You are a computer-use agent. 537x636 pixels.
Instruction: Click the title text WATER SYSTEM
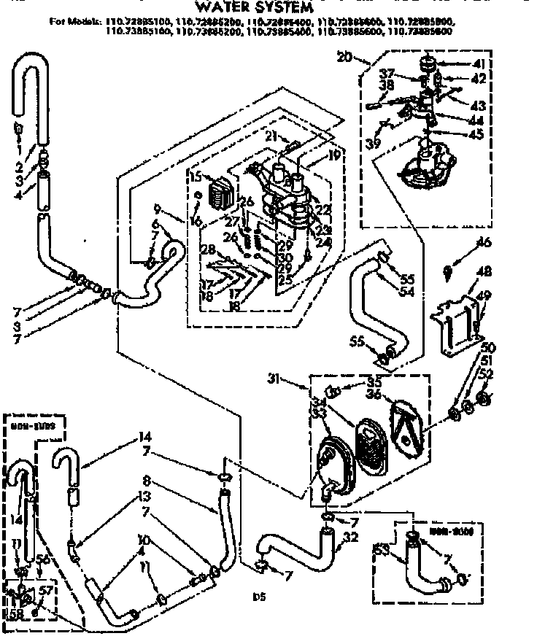248,8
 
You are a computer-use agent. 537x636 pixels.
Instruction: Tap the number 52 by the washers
487,375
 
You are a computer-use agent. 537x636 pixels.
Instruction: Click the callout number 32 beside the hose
349,538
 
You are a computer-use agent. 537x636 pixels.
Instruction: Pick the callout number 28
206,249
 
